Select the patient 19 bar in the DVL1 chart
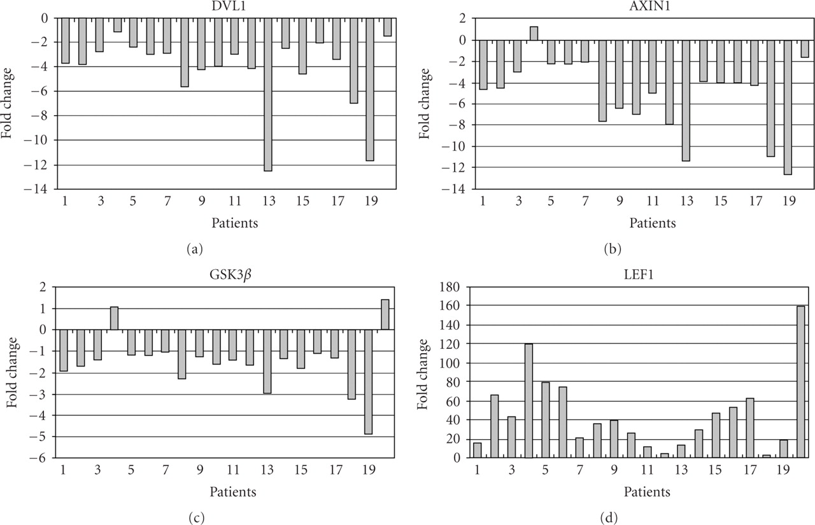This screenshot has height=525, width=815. (370, 89)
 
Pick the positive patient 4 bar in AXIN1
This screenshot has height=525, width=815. (534, 33)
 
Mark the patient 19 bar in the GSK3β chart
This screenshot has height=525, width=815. (369, 382)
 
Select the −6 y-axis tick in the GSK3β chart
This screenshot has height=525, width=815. (44, 458)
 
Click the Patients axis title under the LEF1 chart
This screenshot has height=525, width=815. (646, 491)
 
